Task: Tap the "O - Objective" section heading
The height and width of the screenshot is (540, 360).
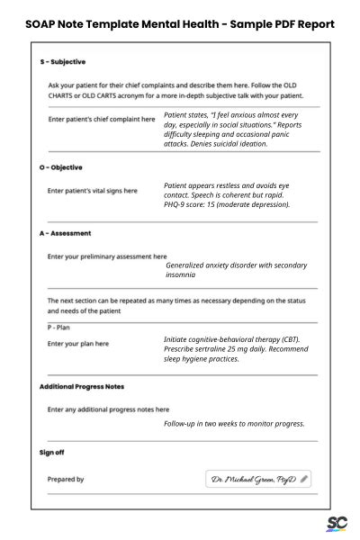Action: (x=61, y=167)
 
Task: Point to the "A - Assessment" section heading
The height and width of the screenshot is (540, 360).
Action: (x=65, y=233)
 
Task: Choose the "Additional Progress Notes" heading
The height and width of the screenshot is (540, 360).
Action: (x=82, y=386)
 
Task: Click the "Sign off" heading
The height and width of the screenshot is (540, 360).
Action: (x=52, y=452)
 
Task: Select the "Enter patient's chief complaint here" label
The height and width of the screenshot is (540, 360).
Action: (x=101, y=119)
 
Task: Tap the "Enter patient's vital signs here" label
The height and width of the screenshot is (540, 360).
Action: (x=92, y=191)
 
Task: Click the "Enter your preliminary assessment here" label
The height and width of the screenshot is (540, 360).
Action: (x=106, y=256)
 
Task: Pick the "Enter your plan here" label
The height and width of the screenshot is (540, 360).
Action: (x=77, y=344)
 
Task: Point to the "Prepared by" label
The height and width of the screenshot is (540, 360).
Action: (x=66, y=480)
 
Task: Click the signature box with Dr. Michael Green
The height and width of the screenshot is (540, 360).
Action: (x=259, y=480)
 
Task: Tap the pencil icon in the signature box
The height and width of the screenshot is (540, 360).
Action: (x=304, y=480)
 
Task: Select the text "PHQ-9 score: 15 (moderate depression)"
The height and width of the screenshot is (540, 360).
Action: (x=226, y=204)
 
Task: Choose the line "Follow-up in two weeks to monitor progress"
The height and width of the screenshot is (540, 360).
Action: (x=234, y=423)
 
